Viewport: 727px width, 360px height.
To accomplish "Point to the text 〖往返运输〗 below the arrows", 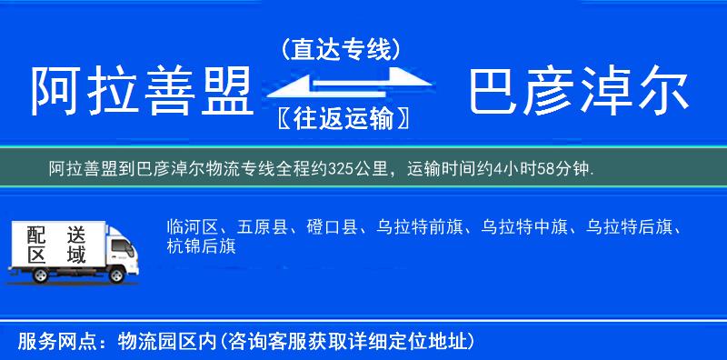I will pyautogui.click(x=341, y=117).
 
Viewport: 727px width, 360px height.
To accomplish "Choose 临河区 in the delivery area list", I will pyautogui.click(x=192, y=227).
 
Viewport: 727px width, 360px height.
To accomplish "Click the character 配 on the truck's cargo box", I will pyautogui.click(x=36, y=235).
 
